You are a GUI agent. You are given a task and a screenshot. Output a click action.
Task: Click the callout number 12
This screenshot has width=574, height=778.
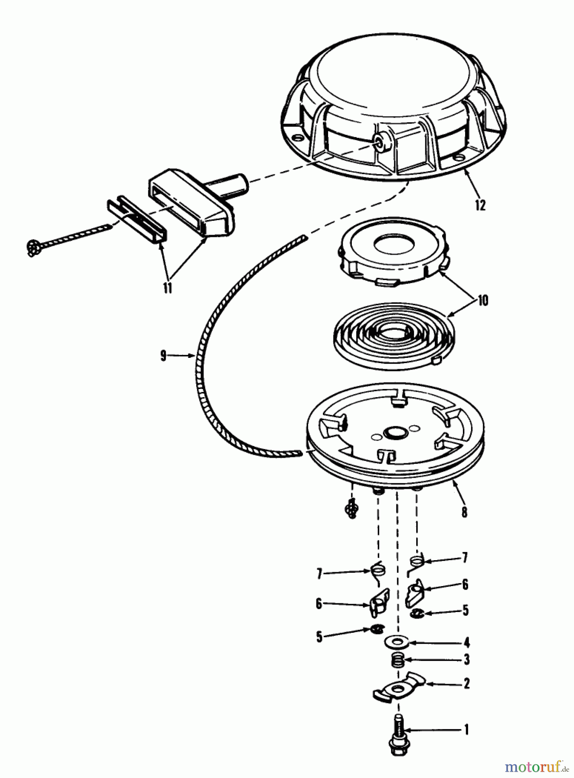480,204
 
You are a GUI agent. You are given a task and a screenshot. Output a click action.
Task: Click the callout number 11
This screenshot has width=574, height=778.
167,288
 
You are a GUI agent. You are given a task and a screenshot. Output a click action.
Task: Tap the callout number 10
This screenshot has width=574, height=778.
482,300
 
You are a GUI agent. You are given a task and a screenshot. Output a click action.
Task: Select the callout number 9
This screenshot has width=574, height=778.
163,356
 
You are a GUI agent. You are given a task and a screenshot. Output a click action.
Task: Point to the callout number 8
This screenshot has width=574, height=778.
464,512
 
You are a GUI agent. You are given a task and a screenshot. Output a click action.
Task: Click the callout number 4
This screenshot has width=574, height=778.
466,643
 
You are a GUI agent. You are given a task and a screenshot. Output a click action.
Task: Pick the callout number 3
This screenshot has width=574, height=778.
466,660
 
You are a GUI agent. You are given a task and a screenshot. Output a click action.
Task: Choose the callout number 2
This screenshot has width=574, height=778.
466,684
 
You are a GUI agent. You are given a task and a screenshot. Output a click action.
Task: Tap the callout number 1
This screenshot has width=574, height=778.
466,730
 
